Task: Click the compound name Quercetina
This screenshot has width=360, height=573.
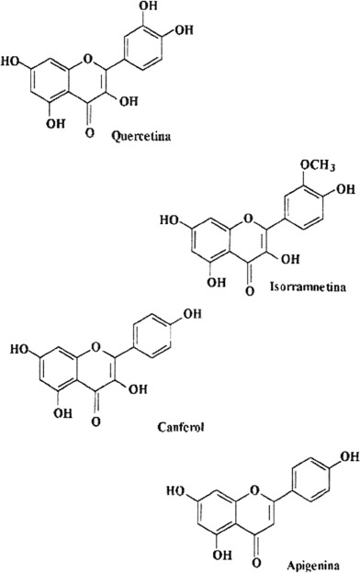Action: tap(141, 137)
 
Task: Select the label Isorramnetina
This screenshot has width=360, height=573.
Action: tap(308, 286)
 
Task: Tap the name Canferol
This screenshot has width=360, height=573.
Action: tap(181, 427)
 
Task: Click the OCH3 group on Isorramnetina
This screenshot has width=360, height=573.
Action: tap(318, 166)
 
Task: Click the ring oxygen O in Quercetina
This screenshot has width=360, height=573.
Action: tap(88, 58)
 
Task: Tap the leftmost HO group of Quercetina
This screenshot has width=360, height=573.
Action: tap(11, 62)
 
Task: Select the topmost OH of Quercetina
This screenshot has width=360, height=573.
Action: tap(149, 7)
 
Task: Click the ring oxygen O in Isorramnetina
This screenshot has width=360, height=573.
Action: tap(248, 219)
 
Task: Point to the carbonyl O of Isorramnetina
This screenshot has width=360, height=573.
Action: tap(249, 291)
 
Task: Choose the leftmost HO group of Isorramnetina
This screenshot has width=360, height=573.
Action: tap(170, 220)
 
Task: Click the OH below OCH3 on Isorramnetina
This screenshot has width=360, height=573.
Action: tap(345, 189)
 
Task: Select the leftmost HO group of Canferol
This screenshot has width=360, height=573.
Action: tap(19, 349)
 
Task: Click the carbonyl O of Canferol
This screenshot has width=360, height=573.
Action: tap(96, 422)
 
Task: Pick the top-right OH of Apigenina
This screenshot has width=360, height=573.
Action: tap(350, 457)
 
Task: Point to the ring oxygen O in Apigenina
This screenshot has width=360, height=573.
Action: tap(254, 489)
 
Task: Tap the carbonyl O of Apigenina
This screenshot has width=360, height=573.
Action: tap(257, 562)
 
